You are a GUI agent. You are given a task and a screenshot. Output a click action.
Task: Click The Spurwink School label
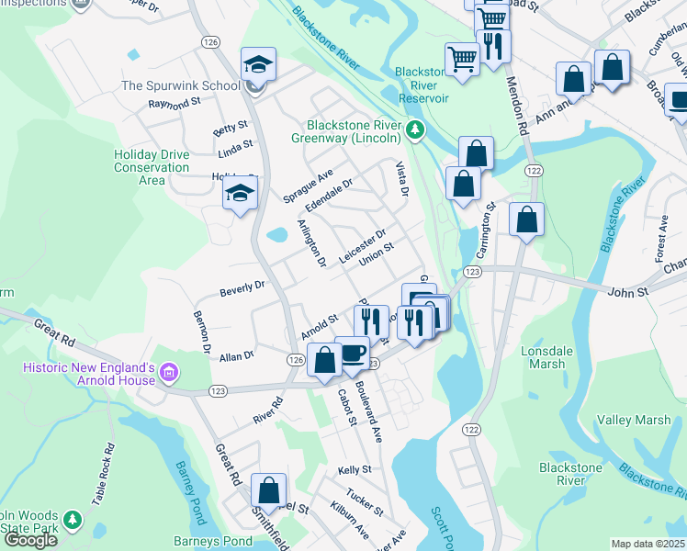click(x=181, y=85)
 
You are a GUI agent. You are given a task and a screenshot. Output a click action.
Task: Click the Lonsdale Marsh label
click(x=548, y=357)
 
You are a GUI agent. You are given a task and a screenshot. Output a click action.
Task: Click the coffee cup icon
click(x=352, y=354)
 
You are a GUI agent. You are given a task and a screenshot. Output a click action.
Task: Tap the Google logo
click(x=30, y=540)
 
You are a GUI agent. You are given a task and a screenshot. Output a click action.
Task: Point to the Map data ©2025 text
click(x=648, y=544)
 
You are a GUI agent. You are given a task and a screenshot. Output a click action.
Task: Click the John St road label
click(x=628, y=291)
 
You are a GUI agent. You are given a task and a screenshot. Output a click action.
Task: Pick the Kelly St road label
click(x=354, y=469)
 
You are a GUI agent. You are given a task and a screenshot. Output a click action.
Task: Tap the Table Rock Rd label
click(x=102, y=474)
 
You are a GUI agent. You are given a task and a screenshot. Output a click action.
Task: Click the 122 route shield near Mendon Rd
click(x=533, y=171)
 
